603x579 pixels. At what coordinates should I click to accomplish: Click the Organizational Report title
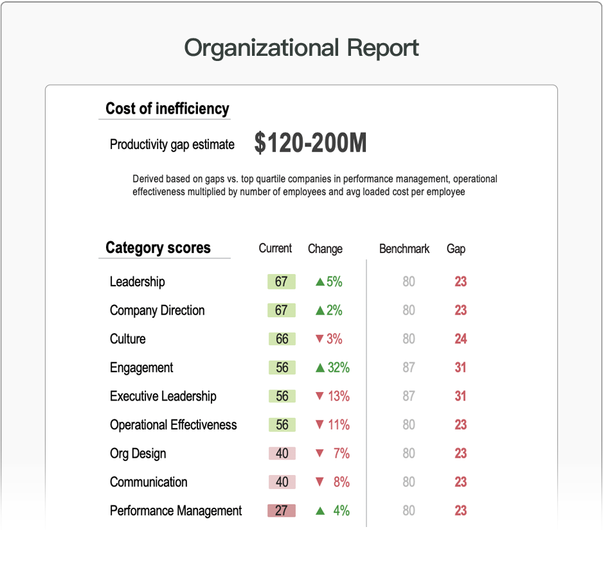(301, 48)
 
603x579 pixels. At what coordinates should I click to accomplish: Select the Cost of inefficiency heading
(167, 108)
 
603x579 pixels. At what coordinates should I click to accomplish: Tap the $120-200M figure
(310, 143)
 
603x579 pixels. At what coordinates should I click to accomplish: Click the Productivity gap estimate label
(172, 144)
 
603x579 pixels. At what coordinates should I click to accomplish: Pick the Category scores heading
(158, 248)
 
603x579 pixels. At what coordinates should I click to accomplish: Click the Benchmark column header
(404, 248)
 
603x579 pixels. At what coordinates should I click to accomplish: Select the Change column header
(325, 248)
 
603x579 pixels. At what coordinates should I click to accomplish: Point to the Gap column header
(456, 248)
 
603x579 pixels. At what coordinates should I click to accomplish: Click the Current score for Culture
(282, 339)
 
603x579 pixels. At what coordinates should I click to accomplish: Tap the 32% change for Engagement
(338, 368)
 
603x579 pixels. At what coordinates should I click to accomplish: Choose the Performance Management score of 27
(282, 511)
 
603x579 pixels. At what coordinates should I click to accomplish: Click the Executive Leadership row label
(163, 396)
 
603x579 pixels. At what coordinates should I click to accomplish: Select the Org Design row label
(138, 453)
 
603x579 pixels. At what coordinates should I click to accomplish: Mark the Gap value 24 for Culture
(460, 339)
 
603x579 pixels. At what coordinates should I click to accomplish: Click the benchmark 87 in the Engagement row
(409, 368)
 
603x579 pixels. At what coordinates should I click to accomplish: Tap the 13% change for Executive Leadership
(338, 396)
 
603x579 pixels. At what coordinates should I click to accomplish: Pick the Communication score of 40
(282, 482)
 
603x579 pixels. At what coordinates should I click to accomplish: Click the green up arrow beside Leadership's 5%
(319, 282)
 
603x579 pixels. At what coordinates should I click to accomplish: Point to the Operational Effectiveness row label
(173, 425)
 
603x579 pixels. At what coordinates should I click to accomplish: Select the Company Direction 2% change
(334, 311)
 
